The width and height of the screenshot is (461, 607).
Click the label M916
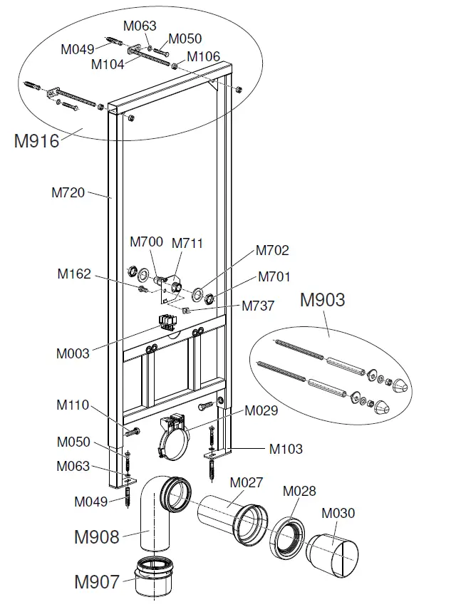tap(36, 140)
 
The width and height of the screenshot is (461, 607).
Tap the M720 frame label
tap(68, 192)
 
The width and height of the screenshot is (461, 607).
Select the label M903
tap(322, 299)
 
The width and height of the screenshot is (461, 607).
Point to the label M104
tap(108, 64)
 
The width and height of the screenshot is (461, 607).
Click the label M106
tap(204, 56)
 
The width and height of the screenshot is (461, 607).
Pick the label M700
tap(146, 242)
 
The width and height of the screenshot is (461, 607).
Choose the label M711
tap(187, 243)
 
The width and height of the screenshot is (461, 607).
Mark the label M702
tap(272, 250)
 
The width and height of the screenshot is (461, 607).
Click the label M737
tap(258, 306)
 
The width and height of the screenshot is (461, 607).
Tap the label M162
tap(74, 274)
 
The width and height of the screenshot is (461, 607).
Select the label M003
tap(73, 353)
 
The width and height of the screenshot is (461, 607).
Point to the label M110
tap(73, 405)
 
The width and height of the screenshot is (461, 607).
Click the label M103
tap(286, 449)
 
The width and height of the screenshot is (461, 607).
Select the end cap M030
tap(332, 551)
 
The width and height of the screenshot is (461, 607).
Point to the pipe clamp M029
tap(171, 434)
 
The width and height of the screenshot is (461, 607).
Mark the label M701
tap(274, 276)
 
